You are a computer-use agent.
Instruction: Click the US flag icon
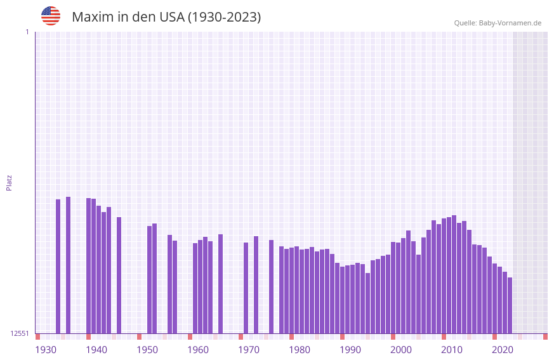tap(51, 16)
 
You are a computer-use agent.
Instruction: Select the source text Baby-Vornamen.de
tap(510, 23)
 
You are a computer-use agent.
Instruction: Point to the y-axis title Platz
tap(9, 183)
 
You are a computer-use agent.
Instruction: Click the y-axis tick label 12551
tap(20, 333)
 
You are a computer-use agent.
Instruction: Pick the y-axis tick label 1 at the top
tap(27, 32)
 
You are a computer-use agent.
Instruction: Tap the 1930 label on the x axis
tap(46, 350)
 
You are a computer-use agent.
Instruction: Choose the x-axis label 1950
tap(147, 350)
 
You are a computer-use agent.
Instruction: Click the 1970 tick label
tap(249, 350)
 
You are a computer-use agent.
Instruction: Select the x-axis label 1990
tap(350, 350)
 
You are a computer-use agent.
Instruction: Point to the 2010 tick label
tap(452, 350)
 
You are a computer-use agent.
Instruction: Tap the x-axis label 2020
tap(503, 350)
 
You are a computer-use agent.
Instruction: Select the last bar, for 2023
tap(510, 305)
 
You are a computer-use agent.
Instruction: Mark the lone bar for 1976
tap(271, 286)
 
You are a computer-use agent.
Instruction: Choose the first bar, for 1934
tap(58, 266)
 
